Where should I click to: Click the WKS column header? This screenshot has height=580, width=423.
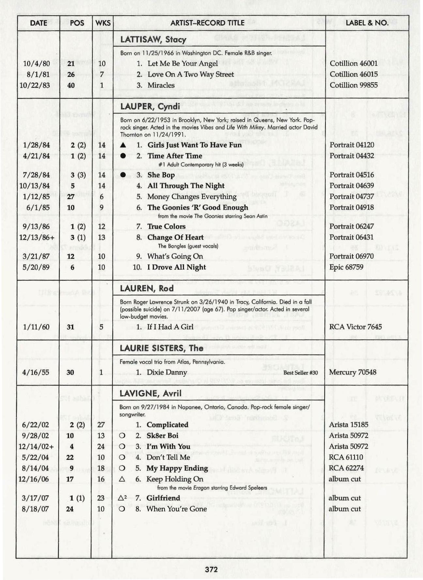103,23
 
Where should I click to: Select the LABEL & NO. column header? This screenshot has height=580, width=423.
367,23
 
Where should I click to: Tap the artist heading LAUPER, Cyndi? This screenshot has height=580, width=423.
150,107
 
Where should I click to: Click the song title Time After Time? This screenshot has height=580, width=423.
174,156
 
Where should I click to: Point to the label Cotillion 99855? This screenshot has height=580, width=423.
354,85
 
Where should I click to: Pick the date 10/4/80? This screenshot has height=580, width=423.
36,64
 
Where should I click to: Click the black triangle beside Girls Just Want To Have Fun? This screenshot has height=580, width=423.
123,145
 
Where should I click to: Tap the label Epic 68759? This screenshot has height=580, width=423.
346,267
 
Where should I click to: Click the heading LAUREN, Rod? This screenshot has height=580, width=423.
146,288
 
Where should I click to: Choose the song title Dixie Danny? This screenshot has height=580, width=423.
167,372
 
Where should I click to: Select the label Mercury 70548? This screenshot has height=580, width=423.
353,372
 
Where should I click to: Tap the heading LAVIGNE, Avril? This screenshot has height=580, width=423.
150,393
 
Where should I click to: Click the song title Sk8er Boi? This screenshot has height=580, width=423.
163,436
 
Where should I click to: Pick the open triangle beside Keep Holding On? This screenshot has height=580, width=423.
122,479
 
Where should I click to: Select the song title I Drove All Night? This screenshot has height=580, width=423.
176,267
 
